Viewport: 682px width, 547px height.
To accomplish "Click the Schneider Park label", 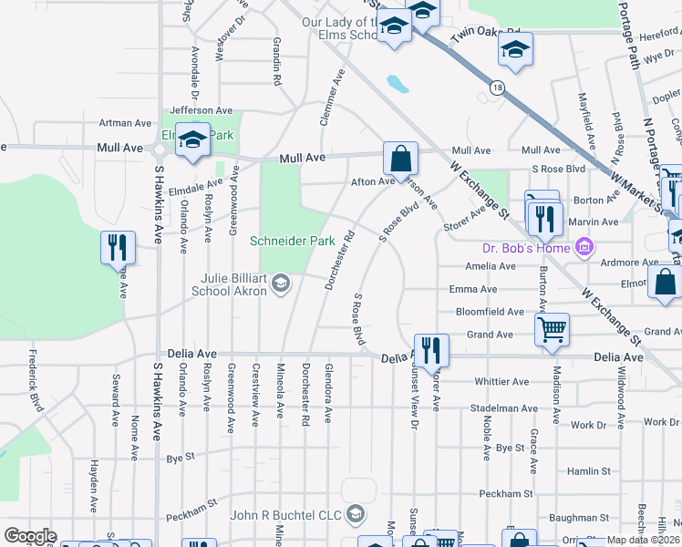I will tap(294, 242).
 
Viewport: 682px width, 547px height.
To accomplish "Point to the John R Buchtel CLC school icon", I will tap(355, 515).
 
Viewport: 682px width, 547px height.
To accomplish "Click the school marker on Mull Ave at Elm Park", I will tap(192, 139).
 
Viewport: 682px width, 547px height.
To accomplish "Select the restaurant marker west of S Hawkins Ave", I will tap(119, 247).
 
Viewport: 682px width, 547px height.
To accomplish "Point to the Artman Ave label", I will tap(125, 123).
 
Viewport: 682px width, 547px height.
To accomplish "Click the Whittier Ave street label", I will tap(501, 382).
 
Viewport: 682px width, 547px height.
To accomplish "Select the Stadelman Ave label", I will tap(498, 408).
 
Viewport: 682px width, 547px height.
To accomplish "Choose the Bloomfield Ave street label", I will tap(490, 312).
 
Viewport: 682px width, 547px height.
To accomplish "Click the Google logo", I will tap(30, 536).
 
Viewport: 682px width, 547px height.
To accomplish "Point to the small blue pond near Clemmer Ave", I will tap(398, 85).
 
